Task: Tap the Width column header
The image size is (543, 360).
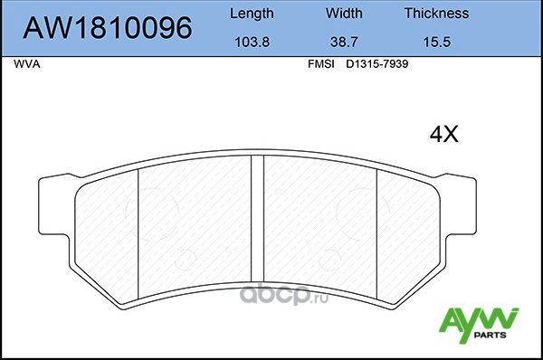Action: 343,14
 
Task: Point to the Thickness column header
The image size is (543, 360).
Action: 436,14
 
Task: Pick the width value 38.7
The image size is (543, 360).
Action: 343,43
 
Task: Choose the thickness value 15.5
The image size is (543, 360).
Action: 436,43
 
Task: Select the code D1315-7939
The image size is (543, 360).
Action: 371,65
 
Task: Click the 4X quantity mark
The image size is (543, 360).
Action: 443,136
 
